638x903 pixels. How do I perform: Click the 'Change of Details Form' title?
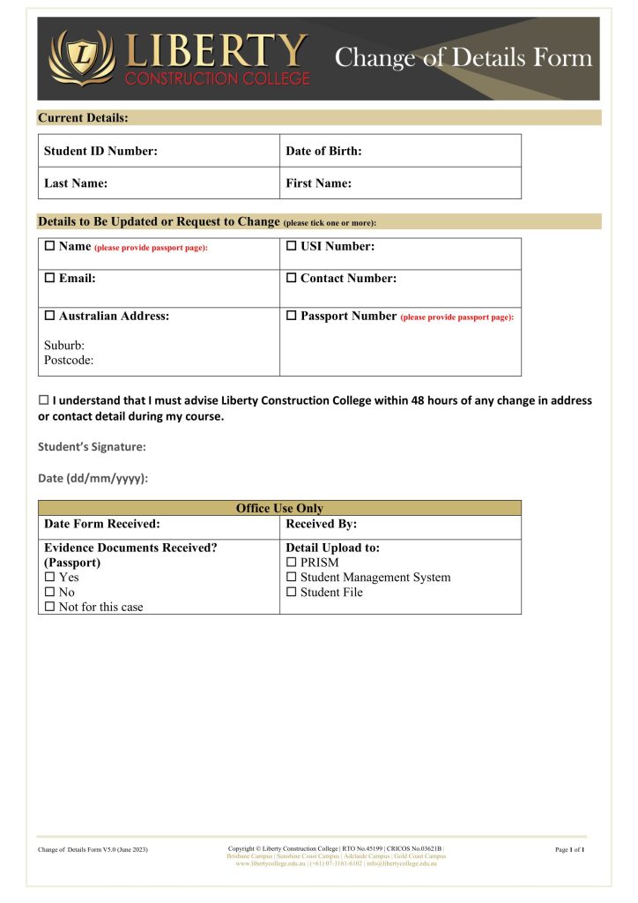(464, 58)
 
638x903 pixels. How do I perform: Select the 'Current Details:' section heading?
(84, 117)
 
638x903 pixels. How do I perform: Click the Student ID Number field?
(159, 151)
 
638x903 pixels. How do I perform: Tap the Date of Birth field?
(400, 151)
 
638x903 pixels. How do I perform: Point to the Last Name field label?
(76, 183)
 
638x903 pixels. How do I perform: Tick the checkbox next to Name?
(50, 247)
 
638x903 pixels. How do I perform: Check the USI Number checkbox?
(292, 247)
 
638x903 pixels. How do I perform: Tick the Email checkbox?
(50, 279)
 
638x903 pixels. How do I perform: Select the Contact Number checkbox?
(292, 279)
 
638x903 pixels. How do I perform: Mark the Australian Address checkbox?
(50, 316)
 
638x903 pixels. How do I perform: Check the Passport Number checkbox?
(292, 316)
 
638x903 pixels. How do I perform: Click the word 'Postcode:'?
(69, 360)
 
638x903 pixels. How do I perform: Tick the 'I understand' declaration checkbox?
(43, 400)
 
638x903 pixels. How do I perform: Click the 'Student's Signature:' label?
(92, 447)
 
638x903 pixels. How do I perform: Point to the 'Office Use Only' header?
(279, 508)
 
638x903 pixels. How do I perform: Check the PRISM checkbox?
(292, 563)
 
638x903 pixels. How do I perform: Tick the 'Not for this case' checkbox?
(50, 608)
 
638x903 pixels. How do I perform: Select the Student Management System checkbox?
(292, 578)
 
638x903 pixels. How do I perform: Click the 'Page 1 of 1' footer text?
(570, 849)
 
